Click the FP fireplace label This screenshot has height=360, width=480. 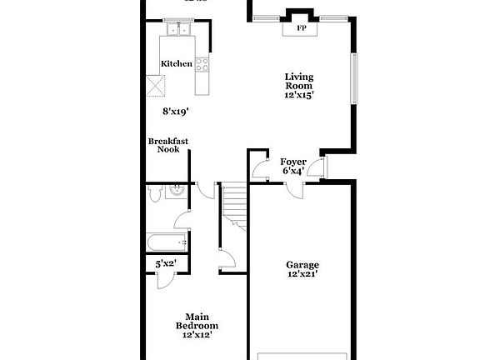click(x=300, y=27)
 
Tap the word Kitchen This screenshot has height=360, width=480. click(x=177, y=63)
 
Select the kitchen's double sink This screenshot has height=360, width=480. click(x=178, y=32)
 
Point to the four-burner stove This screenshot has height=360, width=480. click(x=201, y=65)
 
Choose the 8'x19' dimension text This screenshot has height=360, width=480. click(x=177, y=109)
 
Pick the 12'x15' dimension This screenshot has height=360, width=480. click(x=299, y=95)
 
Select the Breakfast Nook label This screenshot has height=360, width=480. click(x=168, y=145)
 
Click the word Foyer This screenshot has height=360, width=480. click(x=292, y=161)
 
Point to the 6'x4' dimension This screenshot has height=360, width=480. click(x=292, y=171)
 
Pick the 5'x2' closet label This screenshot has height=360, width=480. click(x=167, y=265)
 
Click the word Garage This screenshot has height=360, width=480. click(x=303, y=265)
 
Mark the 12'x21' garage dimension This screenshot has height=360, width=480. click(x=303, y=274)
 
